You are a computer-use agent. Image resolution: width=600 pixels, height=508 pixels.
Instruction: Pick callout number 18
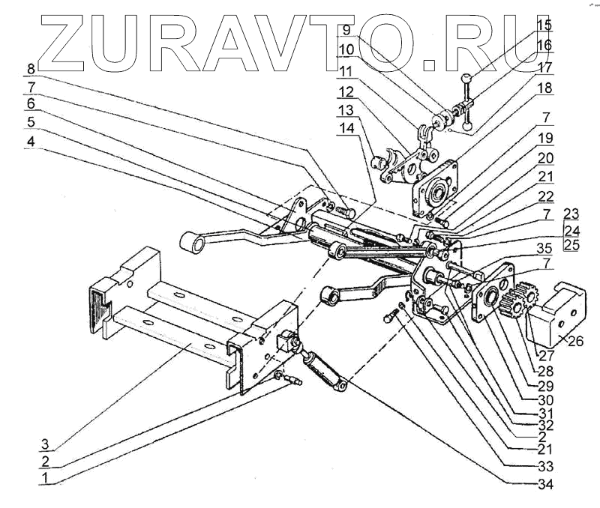click(x=544, y=88)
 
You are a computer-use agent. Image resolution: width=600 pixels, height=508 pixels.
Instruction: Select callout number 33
click(x=544, y=466)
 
